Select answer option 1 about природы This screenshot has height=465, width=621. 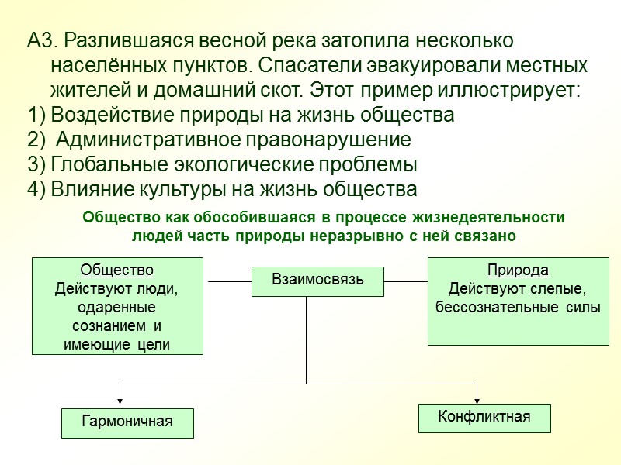click(241, 115)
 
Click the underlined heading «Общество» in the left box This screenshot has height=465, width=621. click(116, 270)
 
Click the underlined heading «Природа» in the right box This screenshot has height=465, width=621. click(518, 270)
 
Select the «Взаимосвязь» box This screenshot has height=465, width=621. click(317, 280)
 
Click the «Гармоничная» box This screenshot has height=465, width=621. click(127, 422)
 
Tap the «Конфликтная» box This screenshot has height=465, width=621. click(484, 417)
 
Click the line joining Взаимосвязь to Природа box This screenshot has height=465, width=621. click(407, 281)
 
